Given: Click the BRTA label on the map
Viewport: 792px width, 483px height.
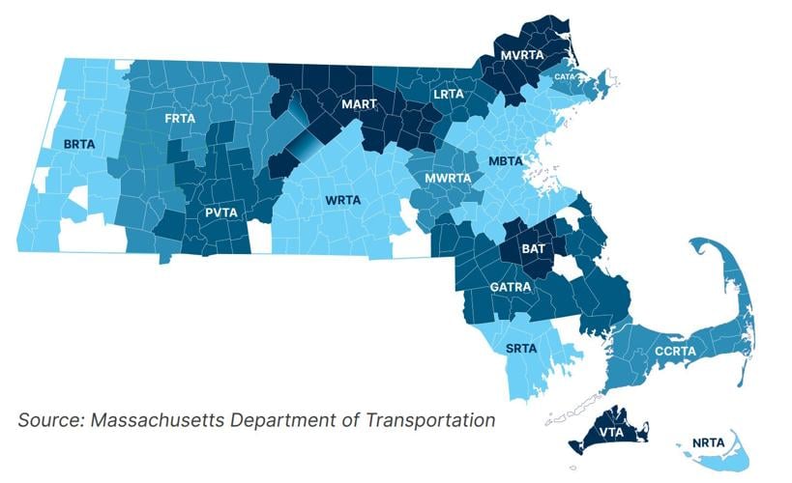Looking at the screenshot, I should click(x=79, y=144).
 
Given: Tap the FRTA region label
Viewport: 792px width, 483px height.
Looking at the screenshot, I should click(x=181, y=118).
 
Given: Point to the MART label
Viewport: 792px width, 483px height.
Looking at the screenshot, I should click(x=359, y=103).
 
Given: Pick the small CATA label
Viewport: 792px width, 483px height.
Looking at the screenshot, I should click(x=565, y=76).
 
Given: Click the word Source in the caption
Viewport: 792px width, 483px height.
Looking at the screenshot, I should click(x=49, y=420).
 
